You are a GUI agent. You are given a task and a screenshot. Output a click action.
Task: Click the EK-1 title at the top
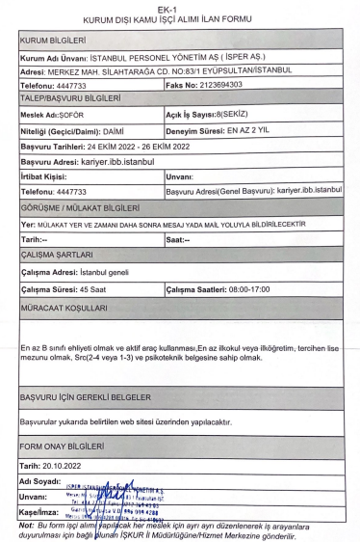[179, 8]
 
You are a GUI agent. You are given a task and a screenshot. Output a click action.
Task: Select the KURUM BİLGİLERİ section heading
[53, 42]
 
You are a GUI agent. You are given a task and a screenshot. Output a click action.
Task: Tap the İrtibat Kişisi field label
[45, 177]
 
